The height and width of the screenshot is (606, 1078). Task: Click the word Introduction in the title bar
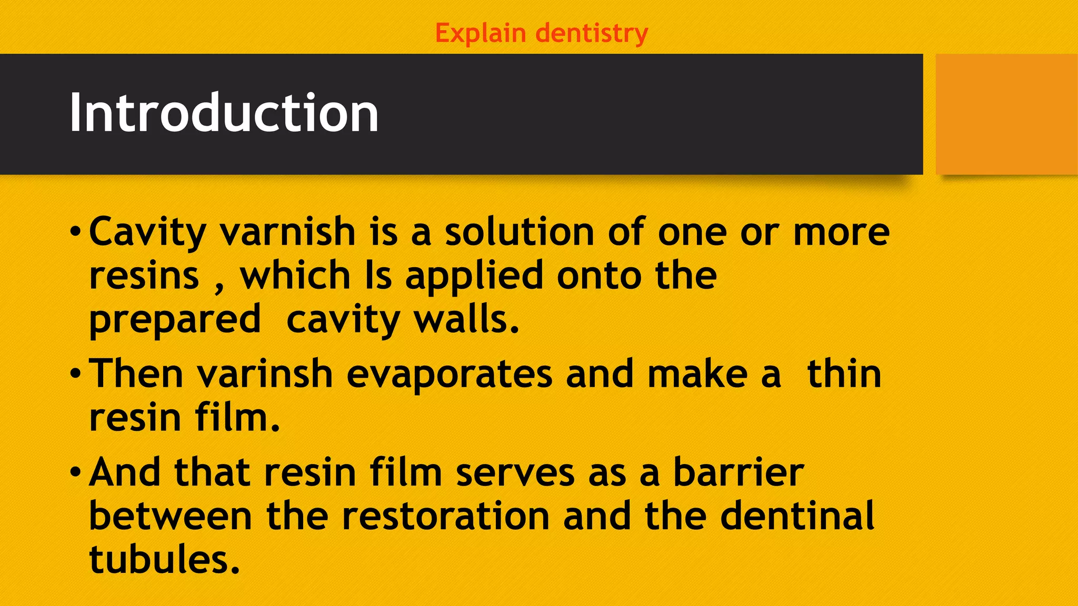pyautogui.click(x=224, y=113)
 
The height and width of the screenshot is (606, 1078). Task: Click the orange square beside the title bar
pyautogui.click(x=1006, y=114)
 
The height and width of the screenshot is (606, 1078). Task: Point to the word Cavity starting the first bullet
pyautogui.click(x=147, y=232)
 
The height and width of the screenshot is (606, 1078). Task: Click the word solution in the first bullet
pyautogui.click(x=520, y=232)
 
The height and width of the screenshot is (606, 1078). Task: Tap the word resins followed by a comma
pyautogui.click(x=144, y=276)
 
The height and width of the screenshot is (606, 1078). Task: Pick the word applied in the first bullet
pyautogui.click(x=474, y=276)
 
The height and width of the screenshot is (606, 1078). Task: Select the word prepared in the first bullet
pyautogui.click(x=175, y=320)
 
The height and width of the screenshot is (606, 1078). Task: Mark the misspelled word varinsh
pyautogui.click(x=265, y=374)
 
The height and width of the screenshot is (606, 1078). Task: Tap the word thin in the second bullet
pyautogui.click(x=844, y=374)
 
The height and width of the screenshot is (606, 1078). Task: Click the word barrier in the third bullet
pyautogui.click(x=738, y=472)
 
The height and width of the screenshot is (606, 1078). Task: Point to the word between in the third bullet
pyautogui.click(x=171, y=516)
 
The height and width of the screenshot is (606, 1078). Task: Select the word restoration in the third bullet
pyautogui.click(x=445, y=516)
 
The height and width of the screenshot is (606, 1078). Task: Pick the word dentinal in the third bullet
pyautogui.click(x=797, y=516)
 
